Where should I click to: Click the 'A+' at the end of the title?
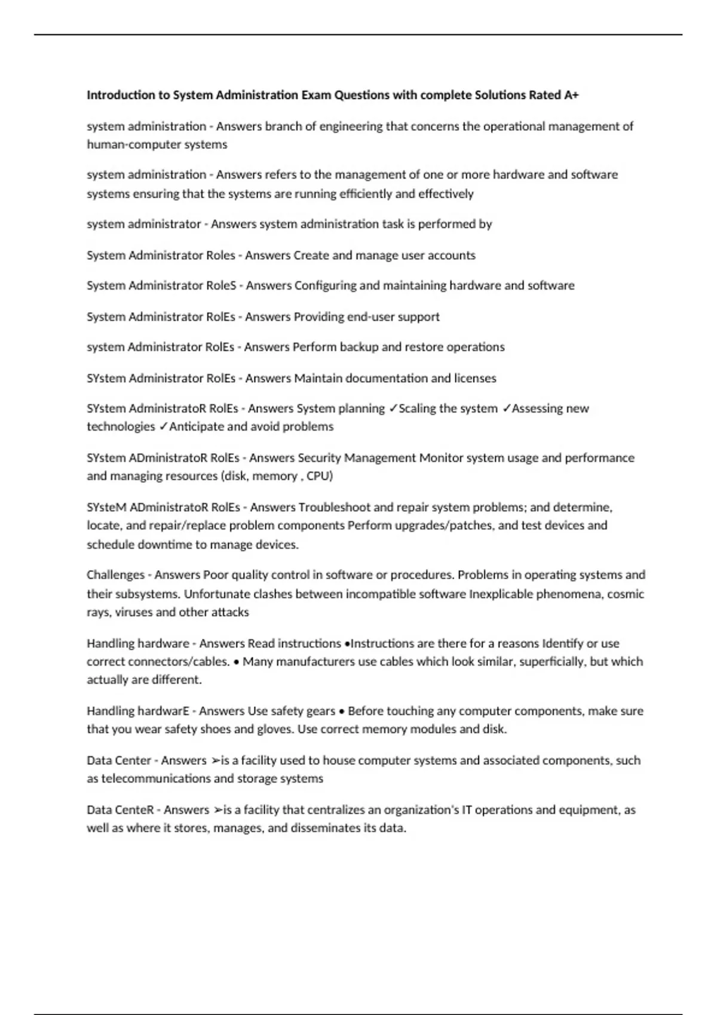click(x=571, y=95)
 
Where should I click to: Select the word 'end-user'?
click(x=371, y=317)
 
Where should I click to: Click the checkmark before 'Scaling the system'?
click(x=393, y=409)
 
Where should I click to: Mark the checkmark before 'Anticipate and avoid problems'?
click(x=163, y=427)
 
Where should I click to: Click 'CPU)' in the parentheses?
click(x=320, y=476)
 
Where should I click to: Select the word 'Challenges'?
click(x=115, y=575)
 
